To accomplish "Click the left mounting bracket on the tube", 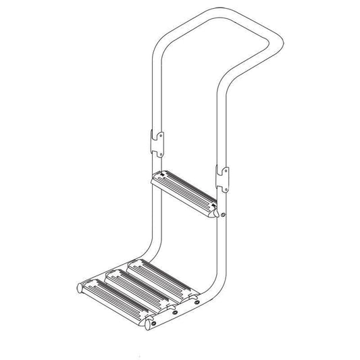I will tap(156, 142).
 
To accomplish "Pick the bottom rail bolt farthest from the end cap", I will tap(196, 303).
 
